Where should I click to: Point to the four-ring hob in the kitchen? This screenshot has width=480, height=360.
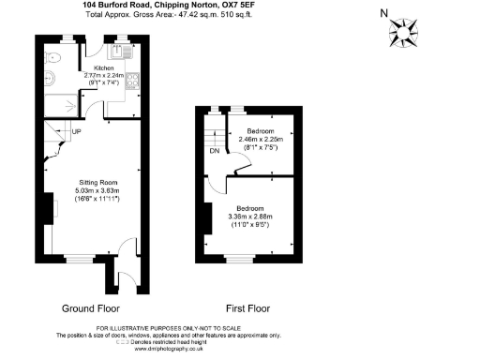tap(132, 82)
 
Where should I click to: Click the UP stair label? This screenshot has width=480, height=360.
tap(77, 132)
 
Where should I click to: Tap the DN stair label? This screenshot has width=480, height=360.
tap(214, 151)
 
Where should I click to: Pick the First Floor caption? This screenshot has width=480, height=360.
tap(247, 307)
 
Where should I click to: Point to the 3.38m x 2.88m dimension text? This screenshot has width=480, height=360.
tap(248, 217)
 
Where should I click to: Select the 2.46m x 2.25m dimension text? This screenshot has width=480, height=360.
tap(259, 140)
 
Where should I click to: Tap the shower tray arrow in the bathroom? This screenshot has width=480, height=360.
tap(67, 105)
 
